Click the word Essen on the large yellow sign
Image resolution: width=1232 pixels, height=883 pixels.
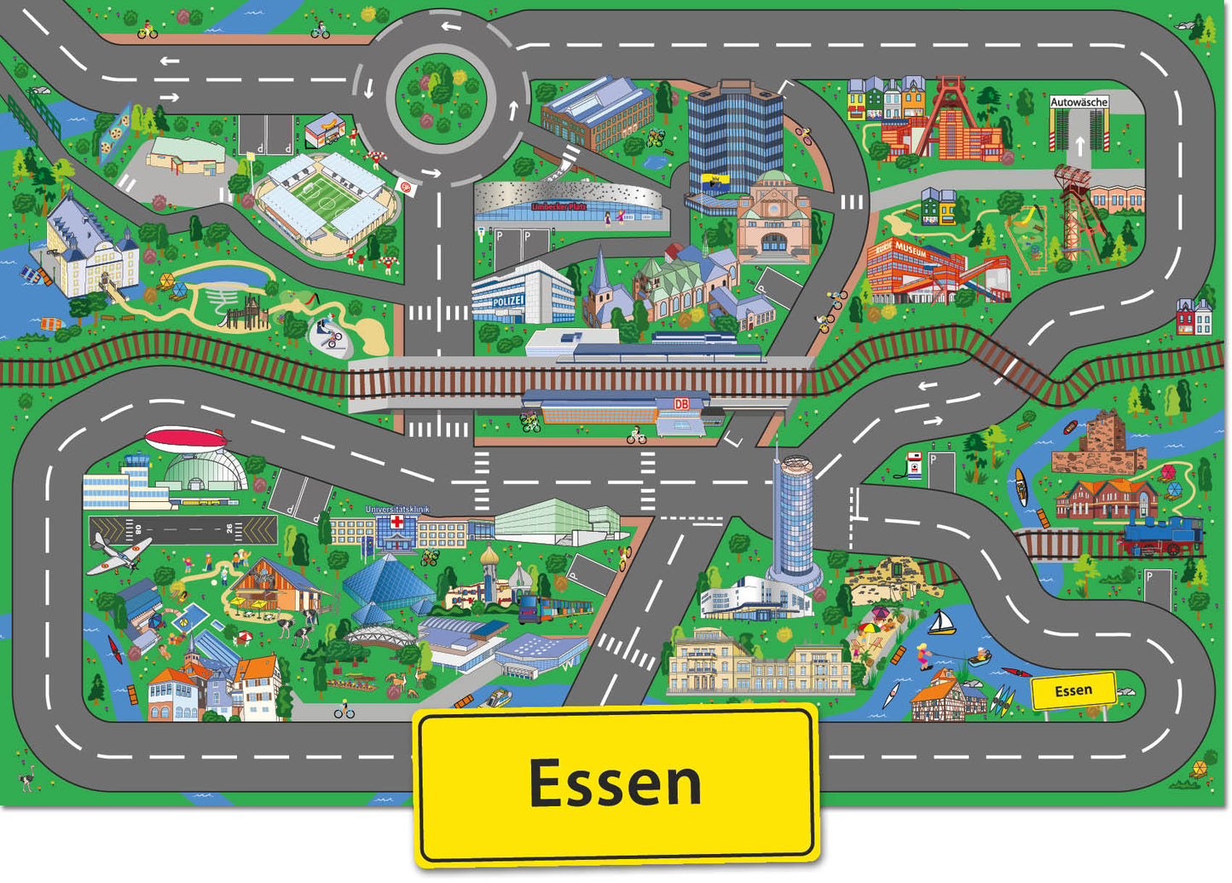click(615, 782)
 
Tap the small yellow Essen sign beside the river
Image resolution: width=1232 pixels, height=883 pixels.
click(1073, 690)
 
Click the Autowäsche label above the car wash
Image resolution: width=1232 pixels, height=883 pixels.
click(1079, 102)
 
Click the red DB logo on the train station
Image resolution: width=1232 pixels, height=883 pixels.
click(681, 404)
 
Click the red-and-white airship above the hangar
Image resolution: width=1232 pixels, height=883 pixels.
click(187, 440)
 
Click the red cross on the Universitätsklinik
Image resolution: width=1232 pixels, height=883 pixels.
click(396, 522)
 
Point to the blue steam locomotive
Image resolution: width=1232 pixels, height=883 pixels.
click(1162, 534)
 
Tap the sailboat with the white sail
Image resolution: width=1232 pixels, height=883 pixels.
click(940, 623)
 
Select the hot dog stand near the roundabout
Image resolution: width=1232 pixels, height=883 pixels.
click(326, 130)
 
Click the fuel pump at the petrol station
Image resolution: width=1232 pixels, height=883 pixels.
click(915, 465)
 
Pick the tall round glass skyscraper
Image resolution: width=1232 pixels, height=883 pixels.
click(791, 520)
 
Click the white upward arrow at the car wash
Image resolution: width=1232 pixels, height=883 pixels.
click(1079, 144)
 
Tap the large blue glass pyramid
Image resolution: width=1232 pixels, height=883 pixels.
click(388, 582)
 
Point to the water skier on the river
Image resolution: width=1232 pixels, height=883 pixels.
click(923, 656)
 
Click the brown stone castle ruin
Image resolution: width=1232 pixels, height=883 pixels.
click(1101, 444)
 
